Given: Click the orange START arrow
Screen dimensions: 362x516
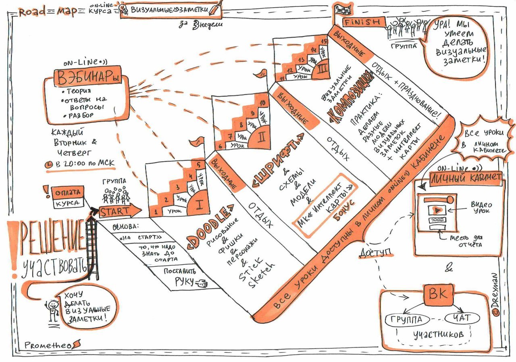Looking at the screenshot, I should (119, 211).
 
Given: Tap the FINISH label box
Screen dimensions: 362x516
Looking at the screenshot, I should (361, 22).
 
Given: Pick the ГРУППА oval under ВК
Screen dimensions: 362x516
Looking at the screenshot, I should (406, 320).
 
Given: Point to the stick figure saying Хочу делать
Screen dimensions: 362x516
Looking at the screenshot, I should (52, 309).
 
